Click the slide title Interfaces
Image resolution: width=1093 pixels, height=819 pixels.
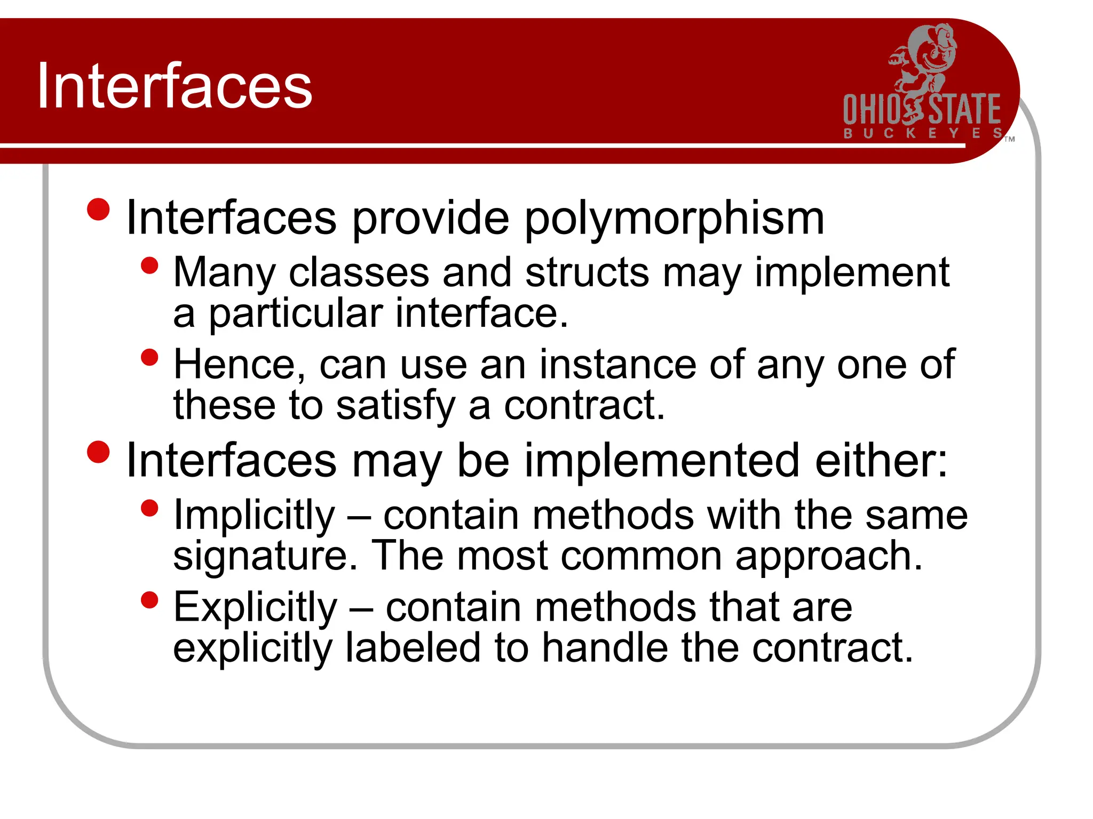[x=175, y=86]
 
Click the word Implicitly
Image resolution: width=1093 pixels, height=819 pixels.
[x=254, y=516]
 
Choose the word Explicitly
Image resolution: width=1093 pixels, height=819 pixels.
[x=255, y=608]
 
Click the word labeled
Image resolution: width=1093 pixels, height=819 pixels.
[x=413, y=648]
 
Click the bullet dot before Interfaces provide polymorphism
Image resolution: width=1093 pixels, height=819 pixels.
[x=98, y=210]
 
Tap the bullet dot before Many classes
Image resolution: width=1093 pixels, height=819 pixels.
[x=150, y=266]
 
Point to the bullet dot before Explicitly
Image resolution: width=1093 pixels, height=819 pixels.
[x=150, y=600]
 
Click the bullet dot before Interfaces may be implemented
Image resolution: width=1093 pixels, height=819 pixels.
[x=98, y=452]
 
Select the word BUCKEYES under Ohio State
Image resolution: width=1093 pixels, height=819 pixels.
[x=922, y=133]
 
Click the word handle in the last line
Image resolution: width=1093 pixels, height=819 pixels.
[x=605, y=648]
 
